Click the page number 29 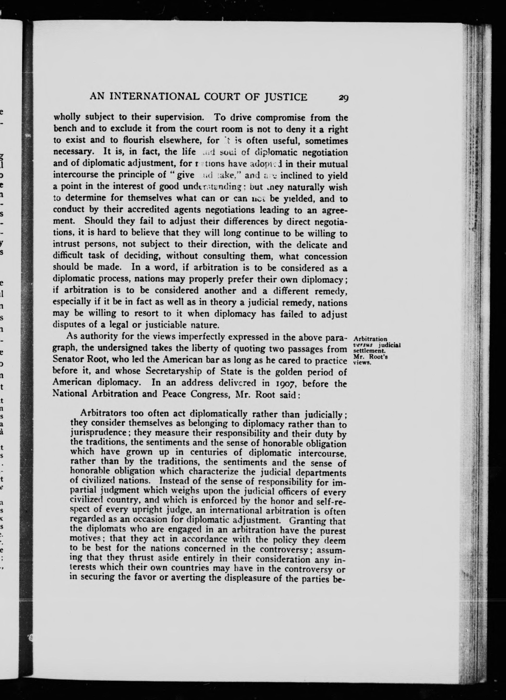click(x=343, y=98)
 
